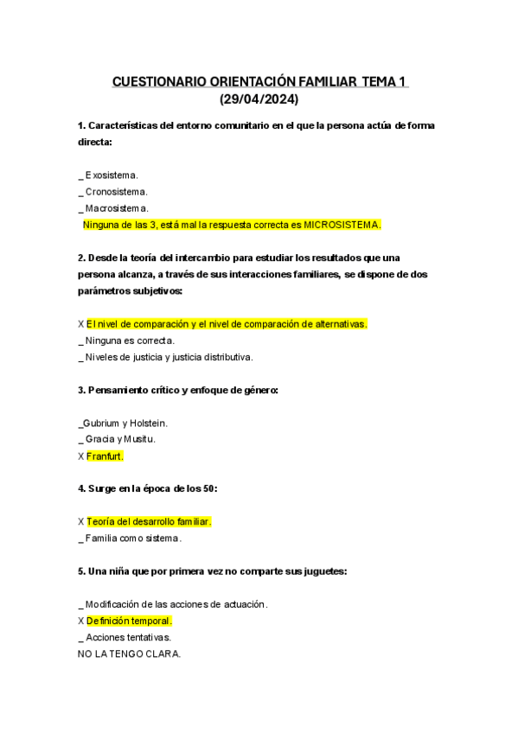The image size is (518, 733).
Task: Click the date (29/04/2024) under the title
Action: pyautogui.click(x=259, y=99)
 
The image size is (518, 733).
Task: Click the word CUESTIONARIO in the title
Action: pyautogui.click(x=158, y=82)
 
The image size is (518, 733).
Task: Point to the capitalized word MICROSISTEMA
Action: pyautogui.click(x=340, y=225)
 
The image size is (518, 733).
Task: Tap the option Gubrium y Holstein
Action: pyautogui.click(x=125, y=423)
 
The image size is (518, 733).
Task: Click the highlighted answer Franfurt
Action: pyautogui.click(x=106, y=456)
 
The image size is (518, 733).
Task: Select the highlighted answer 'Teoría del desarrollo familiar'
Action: pyautogui.click(x=149, y=522)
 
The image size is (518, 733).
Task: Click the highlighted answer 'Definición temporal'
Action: pyautogui.click(x=129, y=621)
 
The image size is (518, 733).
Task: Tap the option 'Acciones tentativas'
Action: pyautogui.click(x=128, y=637)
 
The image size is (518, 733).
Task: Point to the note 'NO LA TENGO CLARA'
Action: pyautogui.click(x=129, y=654)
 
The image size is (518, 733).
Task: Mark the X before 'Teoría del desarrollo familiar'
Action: pyautogui.click(x=80, y=522)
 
